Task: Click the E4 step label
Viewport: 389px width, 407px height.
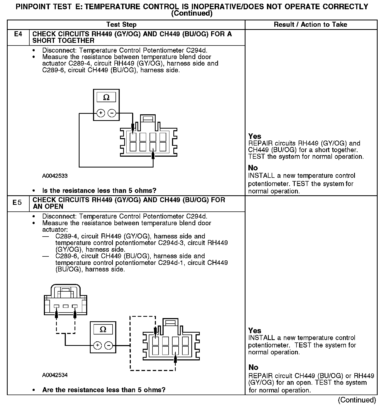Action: point(18,34)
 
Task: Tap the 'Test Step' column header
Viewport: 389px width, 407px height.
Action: point(121,25)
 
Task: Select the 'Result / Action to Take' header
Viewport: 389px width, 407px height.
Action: point(311,25)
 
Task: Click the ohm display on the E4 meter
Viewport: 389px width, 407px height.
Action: point(106,97)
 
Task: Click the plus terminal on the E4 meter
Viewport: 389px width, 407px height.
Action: point(101,113)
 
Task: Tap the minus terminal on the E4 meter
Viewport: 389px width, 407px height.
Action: point(112,113)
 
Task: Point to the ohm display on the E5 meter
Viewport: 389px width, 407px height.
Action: point(103,329)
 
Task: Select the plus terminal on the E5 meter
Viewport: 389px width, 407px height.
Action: point(98,345)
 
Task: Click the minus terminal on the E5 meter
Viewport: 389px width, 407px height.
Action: point(109,345)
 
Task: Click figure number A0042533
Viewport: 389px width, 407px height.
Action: point(55,176)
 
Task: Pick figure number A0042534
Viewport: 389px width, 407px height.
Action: point(55,375)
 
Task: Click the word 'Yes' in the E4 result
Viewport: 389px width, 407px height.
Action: point(255,136)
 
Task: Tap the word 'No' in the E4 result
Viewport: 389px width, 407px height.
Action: point(253,168)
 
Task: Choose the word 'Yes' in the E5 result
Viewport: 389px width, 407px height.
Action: point(255,331)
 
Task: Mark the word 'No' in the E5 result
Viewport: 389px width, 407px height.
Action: point(253,367)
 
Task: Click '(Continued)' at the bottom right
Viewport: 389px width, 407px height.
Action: point(357,400)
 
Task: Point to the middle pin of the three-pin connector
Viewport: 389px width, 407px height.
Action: point(66,306)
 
